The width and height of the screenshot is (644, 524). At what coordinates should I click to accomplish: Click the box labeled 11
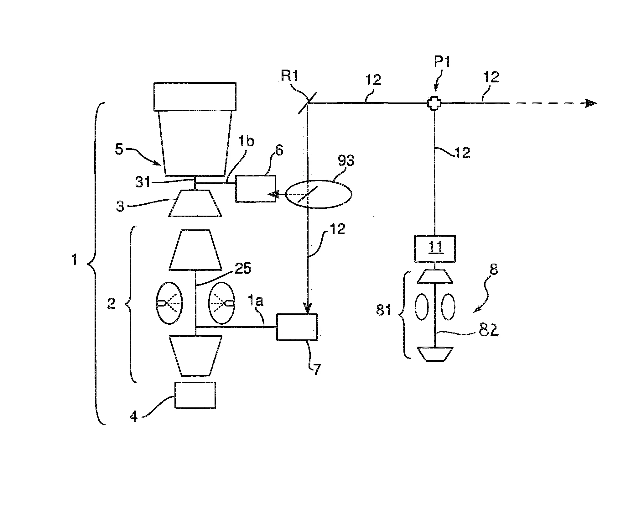(x=434, y=248)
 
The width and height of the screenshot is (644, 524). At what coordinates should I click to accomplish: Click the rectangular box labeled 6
(x=255, y=188)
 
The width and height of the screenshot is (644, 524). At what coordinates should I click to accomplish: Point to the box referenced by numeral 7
(x=297, y=327)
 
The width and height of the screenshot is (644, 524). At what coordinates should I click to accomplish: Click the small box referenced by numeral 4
(x=195, y=395)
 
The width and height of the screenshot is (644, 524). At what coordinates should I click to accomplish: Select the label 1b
(x=247, y=142)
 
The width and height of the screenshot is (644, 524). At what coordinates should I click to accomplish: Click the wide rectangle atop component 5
(x=195, y=97)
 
